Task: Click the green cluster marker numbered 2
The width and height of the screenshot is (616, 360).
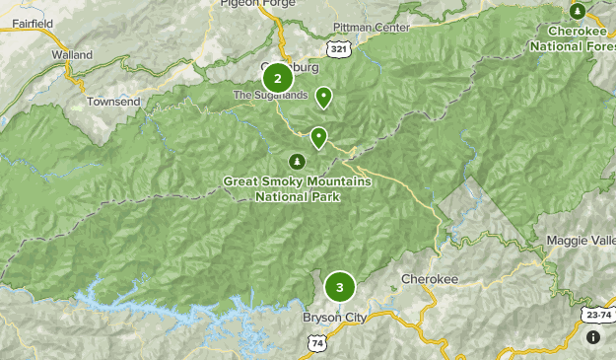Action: [278, 78]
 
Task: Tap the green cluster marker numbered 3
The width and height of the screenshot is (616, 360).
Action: [340, 288]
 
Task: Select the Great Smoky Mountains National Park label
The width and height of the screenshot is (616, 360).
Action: [297, 188]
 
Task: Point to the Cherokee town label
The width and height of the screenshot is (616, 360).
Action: [430, 280]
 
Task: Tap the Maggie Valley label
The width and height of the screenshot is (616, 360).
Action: [582, 241]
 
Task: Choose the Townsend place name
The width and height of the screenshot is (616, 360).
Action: [114, 102]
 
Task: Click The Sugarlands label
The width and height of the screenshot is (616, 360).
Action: [262, 96]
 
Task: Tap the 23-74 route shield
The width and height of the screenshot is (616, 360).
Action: [594, 315]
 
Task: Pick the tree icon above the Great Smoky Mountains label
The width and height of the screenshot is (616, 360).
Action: [296, 161]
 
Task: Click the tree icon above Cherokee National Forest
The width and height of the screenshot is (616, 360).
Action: [578, 11]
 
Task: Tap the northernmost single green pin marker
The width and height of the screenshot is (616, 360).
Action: [323, 97]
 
